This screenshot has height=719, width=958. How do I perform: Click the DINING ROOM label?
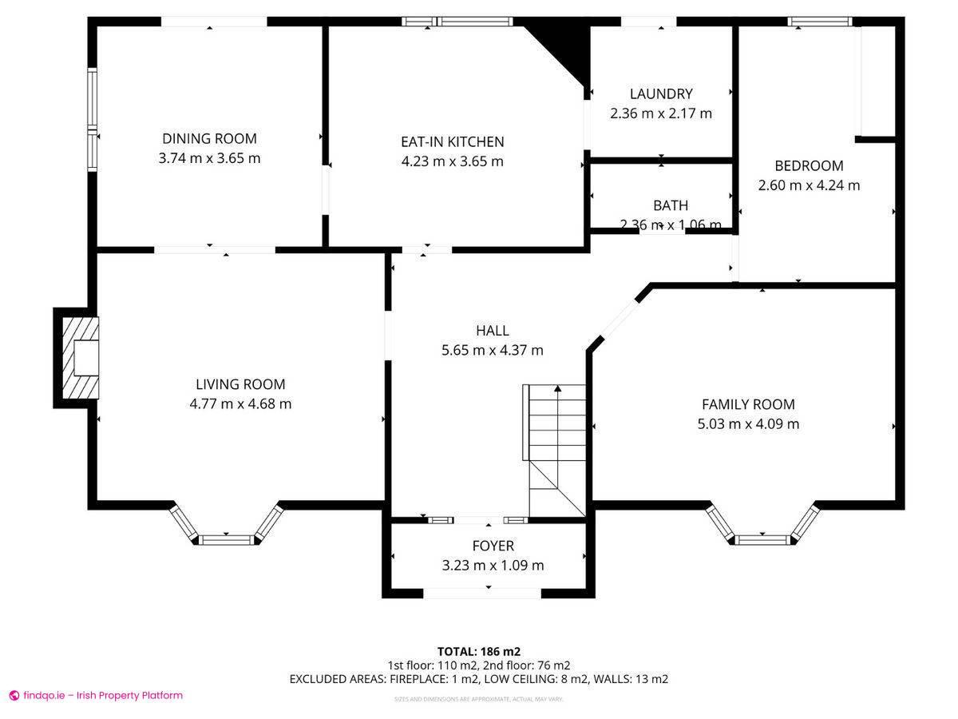(x=209, y=138)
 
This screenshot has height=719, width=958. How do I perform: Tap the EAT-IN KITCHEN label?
(x=452, y=141)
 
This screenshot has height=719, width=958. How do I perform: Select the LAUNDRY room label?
(x=660, y=94)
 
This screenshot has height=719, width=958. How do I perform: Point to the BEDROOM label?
(x=809, y=165)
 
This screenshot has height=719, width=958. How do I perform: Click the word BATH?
(x=670, y=205)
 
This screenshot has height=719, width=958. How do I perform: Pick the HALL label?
(x=492, y=330)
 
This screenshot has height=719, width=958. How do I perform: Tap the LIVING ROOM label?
(x=240, y=384)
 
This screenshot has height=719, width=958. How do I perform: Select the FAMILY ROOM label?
(x=748, y=404)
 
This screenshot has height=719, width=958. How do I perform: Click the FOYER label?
(x=493, y=546)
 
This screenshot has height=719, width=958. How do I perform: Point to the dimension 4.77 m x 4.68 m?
(x=240, y=404)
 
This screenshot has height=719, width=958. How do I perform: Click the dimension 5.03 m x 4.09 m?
(x=748, y=424)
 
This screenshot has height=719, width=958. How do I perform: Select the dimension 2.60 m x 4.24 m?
(x=809, y=185)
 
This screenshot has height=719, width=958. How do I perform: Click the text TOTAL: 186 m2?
(x=478, y=651)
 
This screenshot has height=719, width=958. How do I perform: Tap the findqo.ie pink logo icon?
(x=14, y=696)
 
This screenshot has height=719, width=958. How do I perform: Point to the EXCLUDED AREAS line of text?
(x=478, y=679)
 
